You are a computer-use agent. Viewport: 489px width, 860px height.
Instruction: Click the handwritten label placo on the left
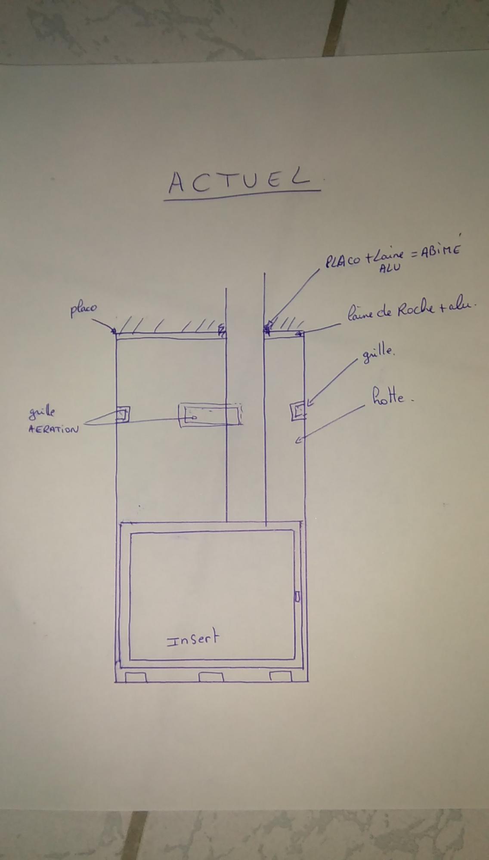pyautogui.click(x=84, y=309)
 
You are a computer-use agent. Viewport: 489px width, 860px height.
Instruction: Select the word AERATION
pyautogui.click(x=53, y=429)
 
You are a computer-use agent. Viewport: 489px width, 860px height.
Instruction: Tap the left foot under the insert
pyautogui.click(x=136, y=677)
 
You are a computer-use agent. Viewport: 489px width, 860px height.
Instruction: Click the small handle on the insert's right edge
pyautogui.click(x=297, y=597)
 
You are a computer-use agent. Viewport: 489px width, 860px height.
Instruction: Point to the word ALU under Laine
pyautogui.click(x=390, y=267)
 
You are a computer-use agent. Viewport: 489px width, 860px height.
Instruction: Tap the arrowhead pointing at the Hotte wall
pyautogui.click(x=298, y=439)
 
